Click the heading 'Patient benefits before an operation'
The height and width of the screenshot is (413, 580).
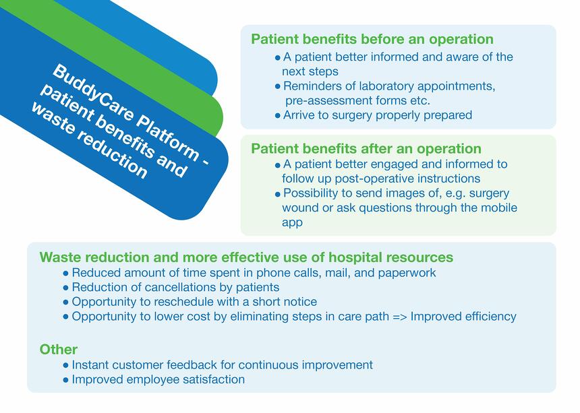pos(372,39)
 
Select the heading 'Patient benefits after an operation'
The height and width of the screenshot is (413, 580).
pos(366,148)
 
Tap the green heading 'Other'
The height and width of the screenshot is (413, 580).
pos(59,350)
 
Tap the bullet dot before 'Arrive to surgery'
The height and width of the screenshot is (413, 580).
pos(278,116)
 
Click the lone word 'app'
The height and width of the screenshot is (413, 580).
pos(292,223)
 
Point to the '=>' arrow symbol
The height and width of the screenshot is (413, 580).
pos(399,317)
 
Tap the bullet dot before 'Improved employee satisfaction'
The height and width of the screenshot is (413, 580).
pos(66,380)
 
